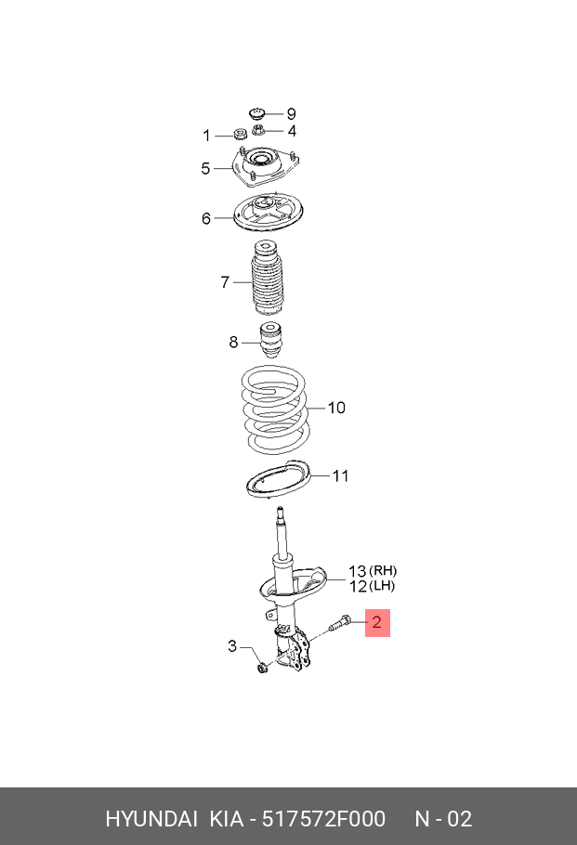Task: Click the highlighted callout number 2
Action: [x=377, y=622]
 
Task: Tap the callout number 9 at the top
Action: [x=291, y=113]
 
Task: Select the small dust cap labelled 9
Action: [x=257, y=114]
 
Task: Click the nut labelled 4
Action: [x=257, y=130]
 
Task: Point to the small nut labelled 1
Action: [x=239, y=134]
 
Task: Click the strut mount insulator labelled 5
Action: [x=266, y=167]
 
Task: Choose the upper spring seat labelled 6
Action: [x=268, y=214]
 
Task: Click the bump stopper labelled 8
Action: [x=270, y=339]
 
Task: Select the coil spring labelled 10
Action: [x=275, y=410]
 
